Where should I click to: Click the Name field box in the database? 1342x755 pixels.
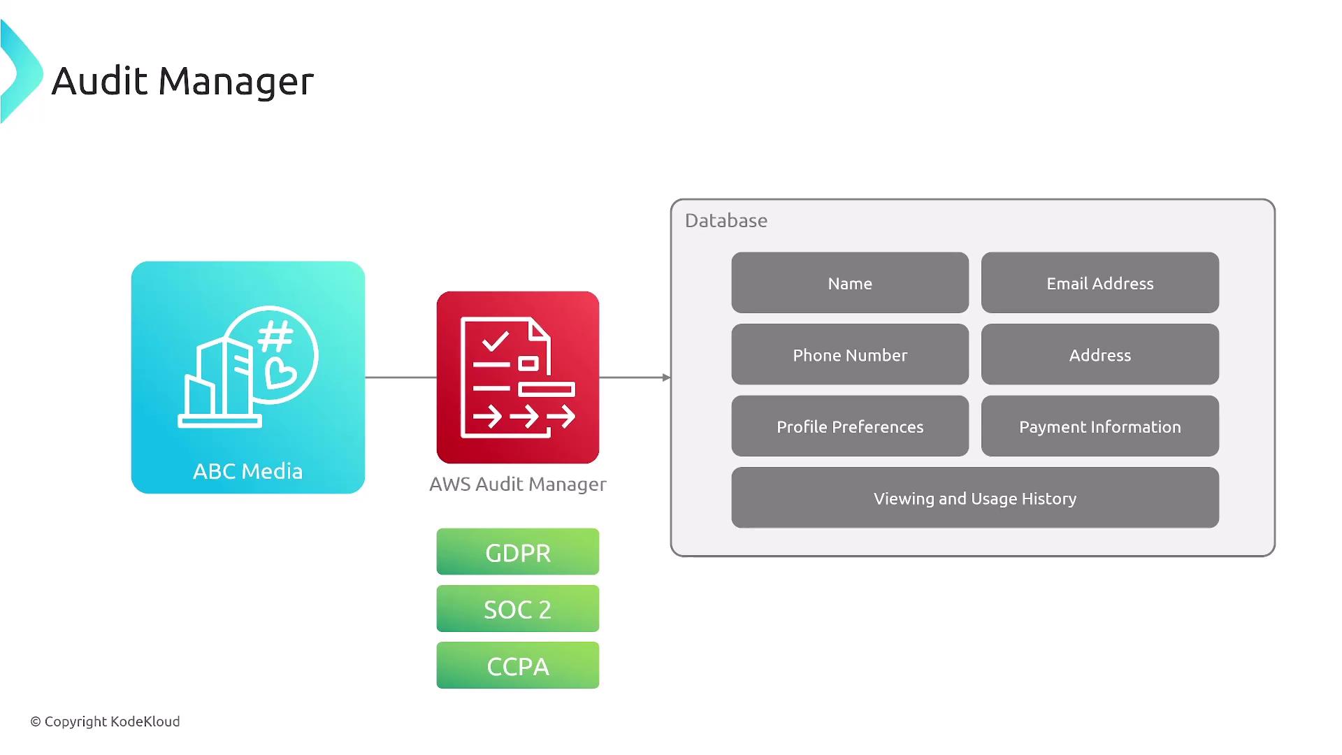pos(850,283)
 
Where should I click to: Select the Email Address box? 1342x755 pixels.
pos(1099,283)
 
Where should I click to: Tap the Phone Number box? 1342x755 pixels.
pos(850,354)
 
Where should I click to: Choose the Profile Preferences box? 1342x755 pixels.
pos(850,426)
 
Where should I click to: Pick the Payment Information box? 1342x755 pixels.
pos(1099,426)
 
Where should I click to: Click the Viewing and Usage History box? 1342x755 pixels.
pos(975,498)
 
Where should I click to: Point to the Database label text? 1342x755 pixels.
pos(726,221)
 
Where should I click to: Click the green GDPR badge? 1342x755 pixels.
pos(517,552)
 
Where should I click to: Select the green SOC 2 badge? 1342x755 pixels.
pos(517,609)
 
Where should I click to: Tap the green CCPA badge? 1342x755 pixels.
pos(517,666)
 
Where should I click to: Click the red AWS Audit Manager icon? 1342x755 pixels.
pos(517,377)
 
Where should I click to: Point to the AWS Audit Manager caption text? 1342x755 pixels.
pos(517,484)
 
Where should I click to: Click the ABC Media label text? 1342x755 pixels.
pos(247,471)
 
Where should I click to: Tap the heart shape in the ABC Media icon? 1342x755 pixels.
pos(281,373)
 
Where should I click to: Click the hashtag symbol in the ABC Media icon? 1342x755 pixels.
pos(275,337)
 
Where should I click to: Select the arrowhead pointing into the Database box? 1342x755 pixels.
pos(666,377)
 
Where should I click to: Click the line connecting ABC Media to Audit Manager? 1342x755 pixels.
pos(401,377)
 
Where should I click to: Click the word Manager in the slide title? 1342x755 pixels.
pos(236,81)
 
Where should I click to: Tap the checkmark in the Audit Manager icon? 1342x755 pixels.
pos(496,342)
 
